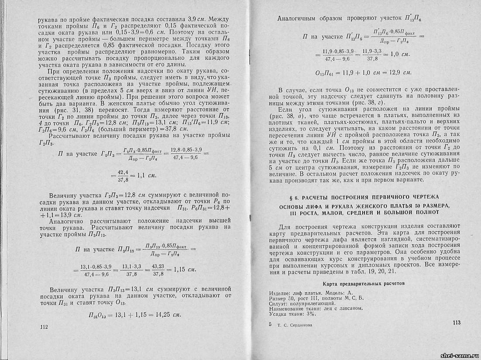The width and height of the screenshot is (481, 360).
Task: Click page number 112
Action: pyautogui.click(x=43, y=326)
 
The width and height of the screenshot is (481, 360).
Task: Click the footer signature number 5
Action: pyautogui.click(x=270, y=325)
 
